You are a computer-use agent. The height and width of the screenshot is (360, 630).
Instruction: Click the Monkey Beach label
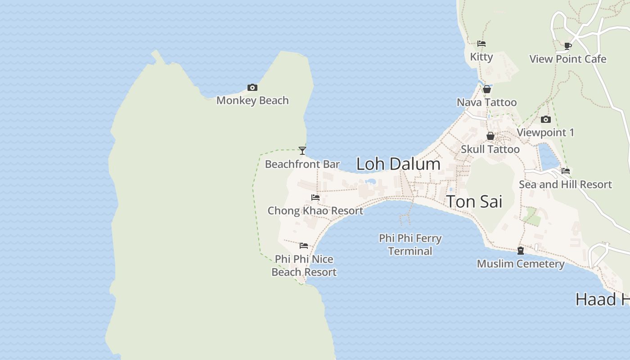[x=252, y=100]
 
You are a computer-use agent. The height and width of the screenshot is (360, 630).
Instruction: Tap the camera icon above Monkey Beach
[x=252, y=88]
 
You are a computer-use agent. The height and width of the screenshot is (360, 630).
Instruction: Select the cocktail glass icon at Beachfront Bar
[x=302, y=151]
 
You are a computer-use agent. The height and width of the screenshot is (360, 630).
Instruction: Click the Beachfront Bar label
[x=302, y=164]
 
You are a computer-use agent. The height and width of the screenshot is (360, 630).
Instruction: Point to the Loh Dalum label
[x=398, y=164]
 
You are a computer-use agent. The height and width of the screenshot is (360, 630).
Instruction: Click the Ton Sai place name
[x=474, y=202]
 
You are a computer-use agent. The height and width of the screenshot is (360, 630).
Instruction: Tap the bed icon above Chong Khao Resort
[x=315, y=198]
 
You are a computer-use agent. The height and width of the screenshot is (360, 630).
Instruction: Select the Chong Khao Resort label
[x=315, y=211]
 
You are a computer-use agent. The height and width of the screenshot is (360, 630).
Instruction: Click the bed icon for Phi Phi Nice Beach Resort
[x=304, y=246]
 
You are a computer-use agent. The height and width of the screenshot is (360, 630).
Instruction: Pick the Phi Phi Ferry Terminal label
[x=410, y=244]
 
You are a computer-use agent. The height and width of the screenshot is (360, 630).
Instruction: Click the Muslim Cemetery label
[x=521, y=264]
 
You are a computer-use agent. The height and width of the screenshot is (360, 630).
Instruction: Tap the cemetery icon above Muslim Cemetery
[x=521, y=251]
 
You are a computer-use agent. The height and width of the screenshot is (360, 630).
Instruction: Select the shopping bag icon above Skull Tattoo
[x=490, y=136]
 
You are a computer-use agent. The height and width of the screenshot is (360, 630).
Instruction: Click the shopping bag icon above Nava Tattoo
[x=487, y=89]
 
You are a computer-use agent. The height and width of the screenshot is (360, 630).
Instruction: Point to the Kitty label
[x=481, y=57]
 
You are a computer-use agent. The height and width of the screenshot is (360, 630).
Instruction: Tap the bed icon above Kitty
[x=481, y=44]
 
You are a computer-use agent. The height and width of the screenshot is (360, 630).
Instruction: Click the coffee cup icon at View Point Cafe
[x=568, y=46]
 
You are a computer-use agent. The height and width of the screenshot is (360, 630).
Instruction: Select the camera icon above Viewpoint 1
[x=546, y=119]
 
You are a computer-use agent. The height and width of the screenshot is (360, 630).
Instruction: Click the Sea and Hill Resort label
[x=565, y=184]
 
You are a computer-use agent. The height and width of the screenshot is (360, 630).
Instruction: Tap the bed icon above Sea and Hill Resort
[x=566, y=171]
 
